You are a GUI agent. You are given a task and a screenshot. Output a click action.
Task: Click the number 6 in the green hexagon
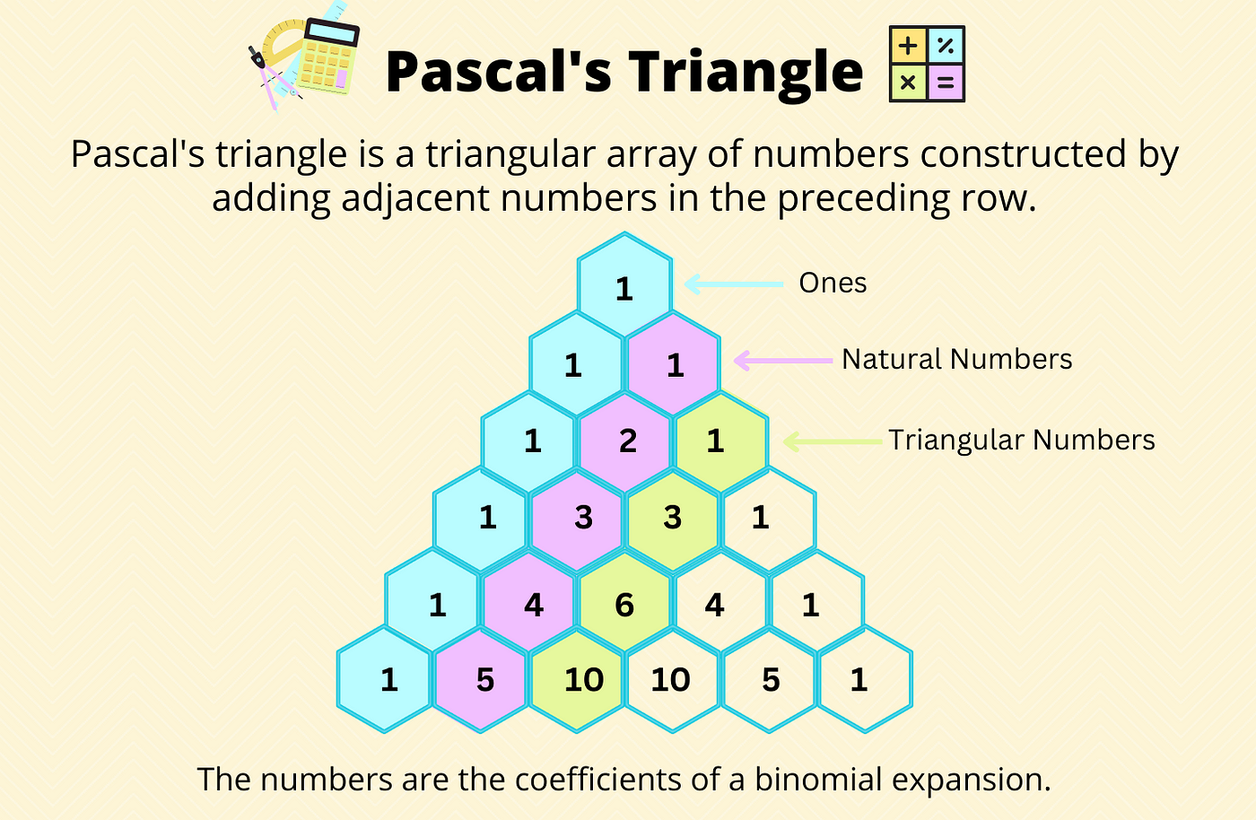(x=624, y=606)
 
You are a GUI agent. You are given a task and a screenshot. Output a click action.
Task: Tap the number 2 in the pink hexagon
(x=628, y=441)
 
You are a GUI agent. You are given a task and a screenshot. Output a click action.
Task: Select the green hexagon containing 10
(x=577, y=680)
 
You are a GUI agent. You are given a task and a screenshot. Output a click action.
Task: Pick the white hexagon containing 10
(x=672, y=680)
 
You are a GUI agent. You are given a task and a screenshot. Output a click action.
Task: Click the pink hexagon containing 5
(x=481, y=680)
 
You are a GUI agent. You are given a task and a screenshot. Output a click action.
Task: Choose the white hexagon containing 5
(x=769, y=680)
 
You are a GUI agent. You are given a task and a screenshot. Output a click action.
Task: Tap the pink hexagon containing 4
(x=528, y=604)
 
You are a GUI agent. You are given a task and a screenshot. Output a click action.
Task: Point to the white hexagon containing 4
(x=720, y=604)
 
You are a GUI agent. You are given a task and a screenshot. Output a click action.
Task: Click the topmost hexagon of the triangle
(x=624, y=284)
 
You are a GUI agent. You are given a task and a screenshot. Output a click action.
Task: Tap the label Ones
(x=833, y=283)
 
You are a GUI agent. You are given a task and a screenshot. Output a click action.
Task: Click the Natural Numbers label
(x=956, y=359)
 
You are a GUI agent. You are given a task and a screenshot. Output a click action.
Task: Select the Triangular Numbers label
(x=1022, y=440)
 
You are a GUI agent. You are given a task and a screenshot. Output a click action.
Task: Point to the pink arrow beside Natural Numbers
(x=783, y=361)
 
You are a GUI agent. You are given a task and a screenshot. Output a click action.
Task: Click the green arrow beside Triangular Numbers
(x=833, y=442)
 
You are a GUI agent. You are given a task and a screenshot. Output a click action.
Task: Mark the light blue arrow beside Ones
(x=734, y=284)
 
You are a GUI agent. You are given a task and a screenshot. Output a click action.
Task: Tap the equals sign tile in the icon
(x=946, y=83)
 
